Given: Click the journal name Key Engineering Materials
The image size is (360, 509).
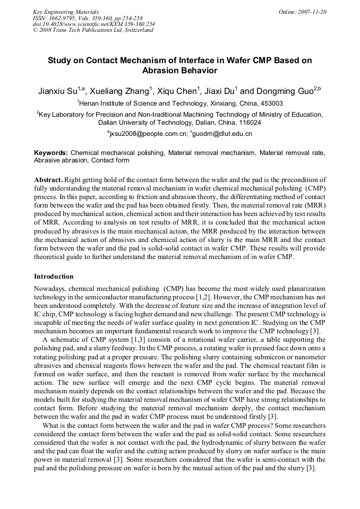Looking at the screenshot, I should pyautogui.click(x=66, y=12).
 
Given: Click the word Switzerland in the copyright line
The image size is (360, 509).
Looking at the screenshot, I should pyautogui.click(x=137, y=30).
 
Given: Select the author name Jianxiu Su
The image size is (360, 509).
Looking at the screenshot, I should pyautogui.click(x=57, y=91).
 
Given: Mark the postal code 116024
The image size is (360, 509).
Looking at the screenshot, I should pyautogui.click(x=247, y=123).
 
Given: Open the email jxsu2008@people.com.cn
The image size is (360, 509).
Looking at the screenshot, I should pyautogui.click(x=148, y=134).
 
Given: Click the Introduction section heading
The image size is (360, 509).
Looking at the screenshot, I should pyautogui.click(x=54, y=277).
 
